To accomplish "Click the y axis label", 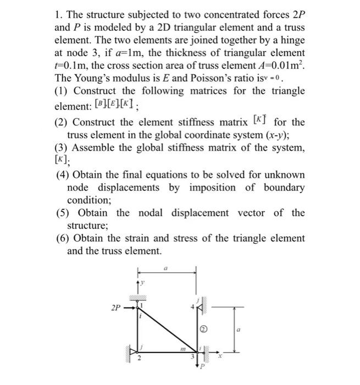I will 141,282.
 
